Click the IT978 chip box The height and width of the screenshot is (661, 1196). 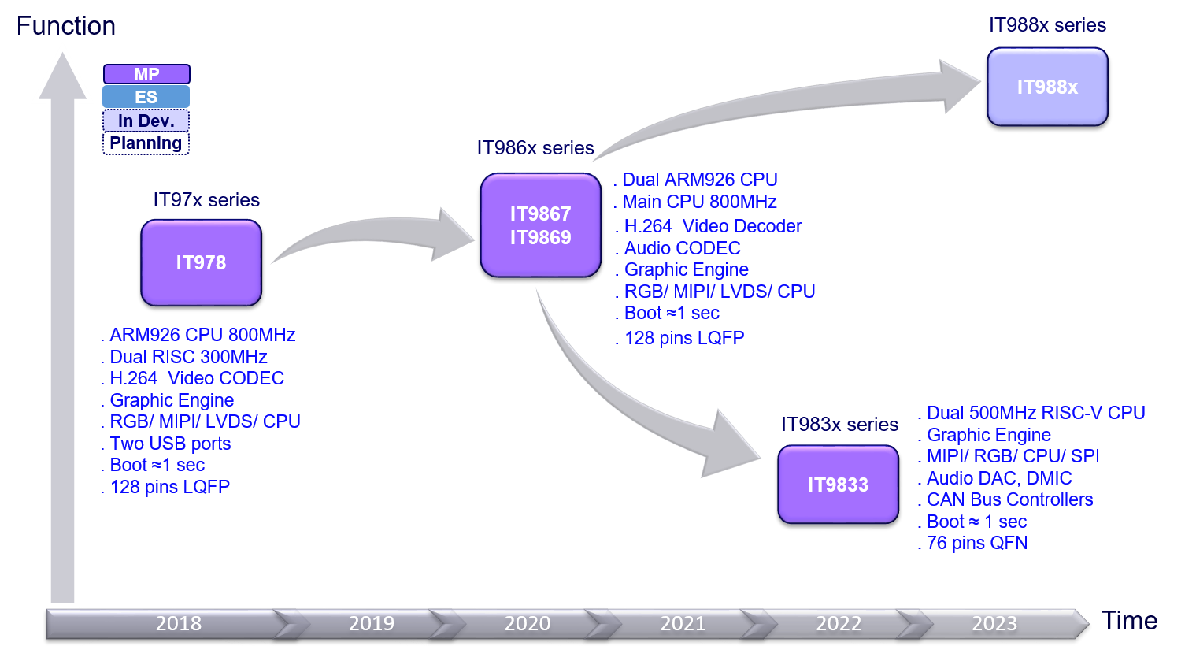201,262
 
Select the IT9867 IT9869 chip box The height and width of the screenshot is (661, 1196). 540,225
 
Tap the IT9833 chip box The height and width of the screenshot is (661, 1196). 838,485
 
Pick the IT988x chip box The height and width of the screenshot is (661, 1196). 1047,87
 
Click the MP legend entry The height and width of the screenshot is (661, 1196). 146,74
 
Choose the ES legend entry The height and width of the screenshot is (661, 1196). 146,97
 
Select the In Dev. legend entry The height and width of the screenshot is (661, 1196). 146,121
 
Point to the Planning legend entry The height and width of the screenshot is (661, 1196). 146,143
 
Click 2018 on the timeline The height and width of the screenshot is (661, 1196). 179,623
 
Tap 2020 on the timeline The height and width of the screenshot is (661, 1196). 528,623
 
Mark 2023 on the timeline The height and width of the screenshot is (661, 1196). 994,623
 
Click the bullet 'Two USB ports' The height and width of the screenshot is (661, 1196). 170,444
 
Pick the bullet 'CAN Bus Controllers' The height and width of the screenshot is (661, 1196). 1009,499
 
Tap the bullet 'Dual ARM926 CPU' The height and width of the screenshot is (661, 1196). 700,180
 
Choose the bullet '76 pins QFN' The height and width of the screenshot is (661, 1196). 976,543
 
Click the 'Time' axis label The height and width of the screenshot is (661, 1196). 1130,621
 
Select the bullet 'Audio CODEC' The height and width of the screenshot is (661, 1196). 682,248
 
